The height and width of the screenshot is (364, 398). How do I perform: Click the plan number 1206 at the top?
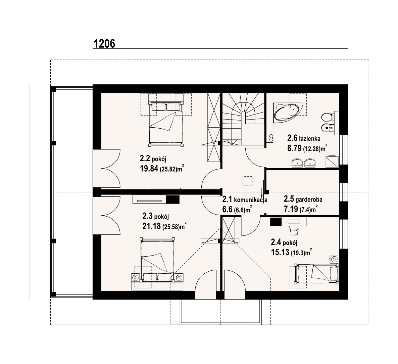[104, 44]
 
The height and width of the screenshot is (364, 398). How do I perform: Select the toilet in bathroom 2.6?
[327, 117]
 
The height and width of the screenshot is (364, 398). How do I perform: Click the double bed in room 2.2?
[166, 124]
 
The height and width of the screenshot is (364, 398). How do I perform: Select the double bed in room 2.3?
[157, 260]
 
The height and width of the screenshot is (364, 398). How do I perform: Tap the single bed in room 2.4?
[316, 274]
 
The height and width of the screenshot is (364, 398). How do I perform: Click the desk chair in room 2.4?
[294, 230]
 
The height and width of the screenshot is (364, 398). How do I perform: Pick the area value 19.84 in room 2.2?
[149, 169]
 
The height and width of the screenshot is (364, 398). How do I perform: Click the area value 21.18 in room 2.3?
[152, 226]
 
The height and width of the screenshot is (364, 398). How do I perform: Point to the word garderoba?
[309, 199]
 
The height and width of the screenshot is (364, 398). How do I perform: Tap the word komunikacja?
[251, 200]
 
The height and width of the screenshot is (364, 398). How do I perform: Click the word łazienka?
[309, 139]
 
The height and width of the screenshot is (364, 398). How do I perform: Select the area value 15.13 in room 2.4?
[280, 252]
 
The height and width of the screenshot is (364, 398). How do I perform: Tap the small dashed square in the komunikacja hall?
[247, 181]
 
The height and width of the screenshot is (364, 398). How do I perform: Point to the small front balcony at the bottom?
[220, 312]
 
